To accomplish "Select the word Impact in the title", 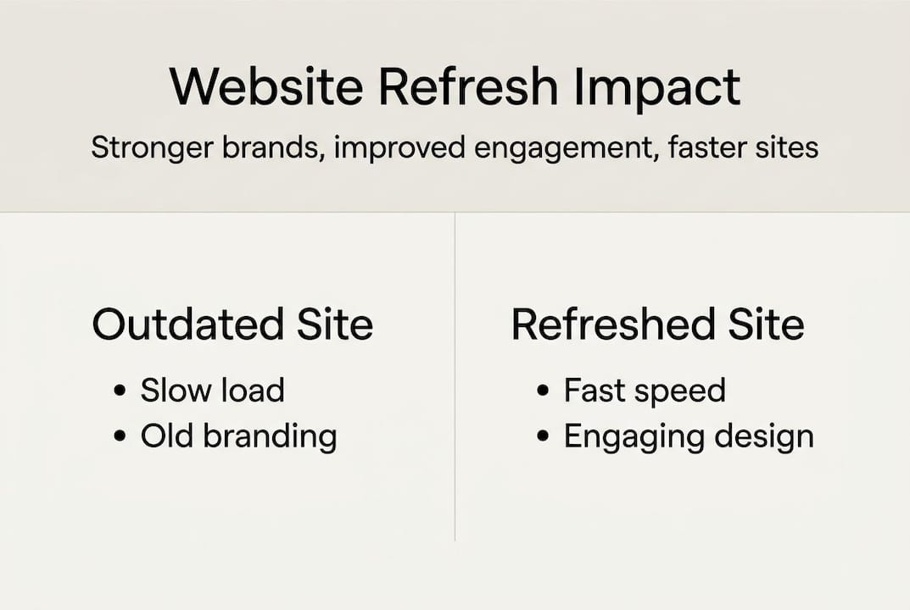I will click(656, 86).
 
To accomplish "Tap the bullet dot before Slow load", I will click(121, 391).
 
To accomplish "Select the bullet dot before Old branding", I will click(121, 437).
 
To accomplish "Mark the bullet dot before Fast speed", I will click(544, 391).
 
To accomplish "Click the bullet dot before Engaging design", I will click(544, 437).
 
